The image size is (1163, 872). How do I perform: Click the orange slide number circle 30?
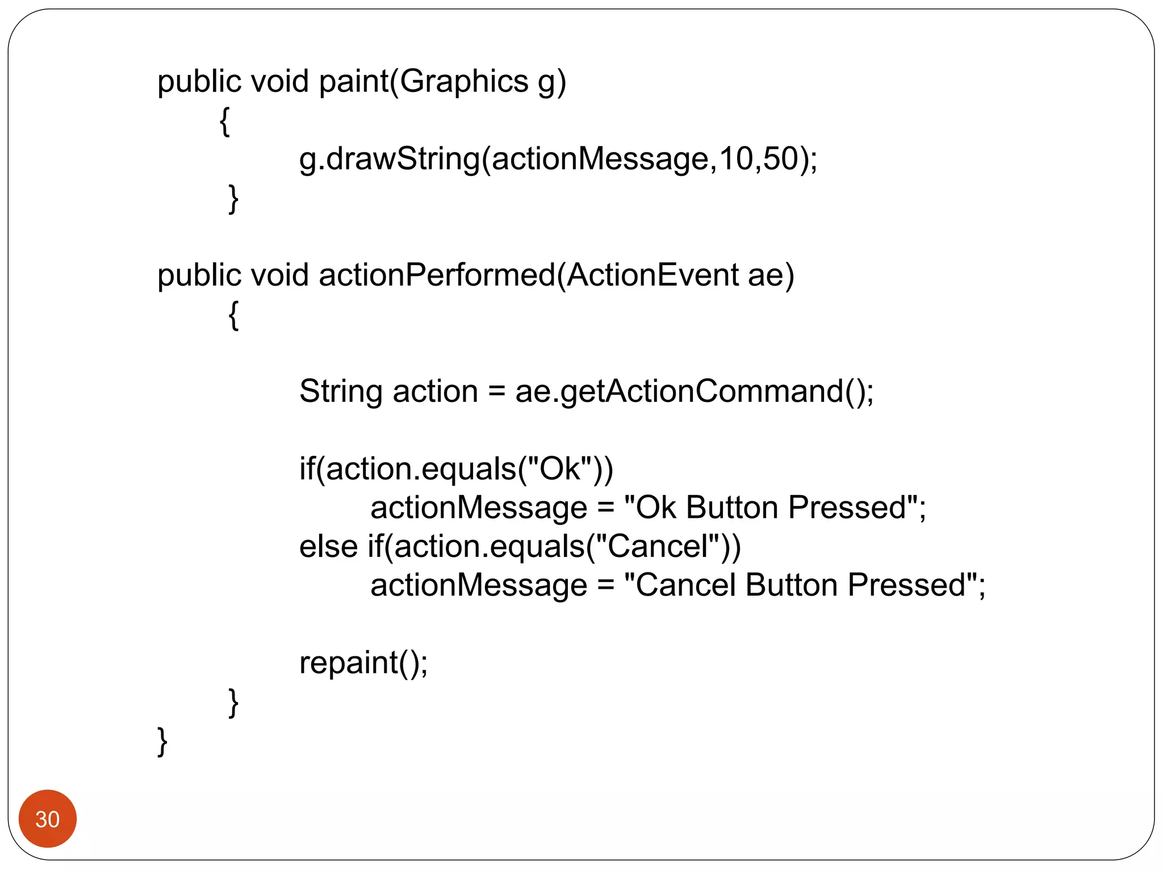point(47,818)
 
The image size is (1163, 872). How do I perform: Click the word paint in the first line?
point(353,81)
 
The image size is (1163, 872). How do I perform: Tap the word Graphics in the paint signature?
point(463,81)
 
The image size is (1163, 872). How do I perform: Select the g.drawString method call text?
point(390,159)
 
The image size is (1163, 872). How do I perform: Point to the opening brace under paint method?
point(225,121)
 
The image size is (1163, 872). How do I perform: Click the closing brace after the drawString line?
point(233,199)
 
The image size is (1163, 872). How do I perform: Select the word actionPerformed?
point(437,275)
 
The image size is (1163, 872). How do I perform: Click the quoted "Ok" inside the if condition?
point(560,469)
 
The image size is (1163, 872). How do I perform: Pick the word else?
point(328,547)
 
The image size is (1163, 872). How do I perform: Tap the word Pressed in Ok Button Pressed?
point(847,508)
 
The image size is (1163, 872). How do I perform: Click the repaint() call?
point(363,663)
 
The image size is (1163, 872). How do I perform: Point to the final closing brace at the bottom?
point(162,741)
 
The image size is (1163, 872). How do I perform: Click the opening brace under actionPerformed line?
point(233,315)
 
